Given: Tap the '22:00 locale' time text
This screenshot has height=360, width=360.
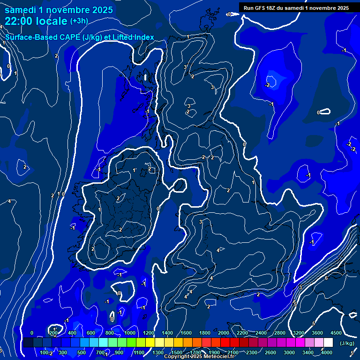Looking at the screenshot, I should click(x=36, y=21).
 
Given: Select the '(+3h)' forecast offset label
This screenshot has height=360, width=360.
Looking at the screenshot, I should click(x=79, y=21).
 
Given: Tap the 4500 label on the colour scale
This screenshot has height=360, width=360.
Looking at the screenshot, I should click(x=336, y=333).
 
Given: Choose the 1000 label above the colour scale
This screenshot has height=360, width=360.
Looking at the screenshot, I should click(x=130, y=333).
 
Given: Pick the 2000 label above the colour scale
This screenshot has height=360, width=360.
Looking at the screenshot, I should click(x=224, y=333).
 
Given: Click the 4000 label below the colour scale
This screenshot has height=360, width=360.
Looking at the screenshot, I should click(x=326, y=352).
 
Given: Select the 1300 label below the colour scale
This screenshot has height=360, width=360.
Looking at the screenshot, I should click(x=158, y=352).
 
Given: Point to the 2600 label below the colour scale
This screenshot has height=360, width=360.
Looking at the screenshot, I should click(x=270, y=352).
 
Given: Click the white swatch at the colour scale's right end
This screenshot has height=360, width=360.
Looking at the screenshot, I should click(x=328, y=343).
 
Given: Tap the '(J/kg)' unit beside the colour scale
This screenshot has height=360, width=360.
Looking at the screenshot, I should click(x=347, y=343).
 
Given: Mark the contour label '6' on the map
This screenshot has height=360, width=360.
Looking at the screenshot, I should click(x=326, y=278).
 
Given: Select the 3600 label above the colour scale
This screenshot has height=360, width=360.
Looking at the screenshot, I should click(x=317, y=333).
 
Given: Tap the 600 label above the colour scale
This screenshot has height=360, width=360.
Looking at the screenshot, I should click(x=91, y=333).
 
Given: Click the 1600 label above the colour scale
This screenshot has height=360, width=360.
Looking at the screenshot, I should click(x=186, y=333).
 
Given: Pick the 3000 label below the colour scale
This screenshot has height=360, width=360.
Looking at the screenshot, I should click(x=289, y=352).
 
